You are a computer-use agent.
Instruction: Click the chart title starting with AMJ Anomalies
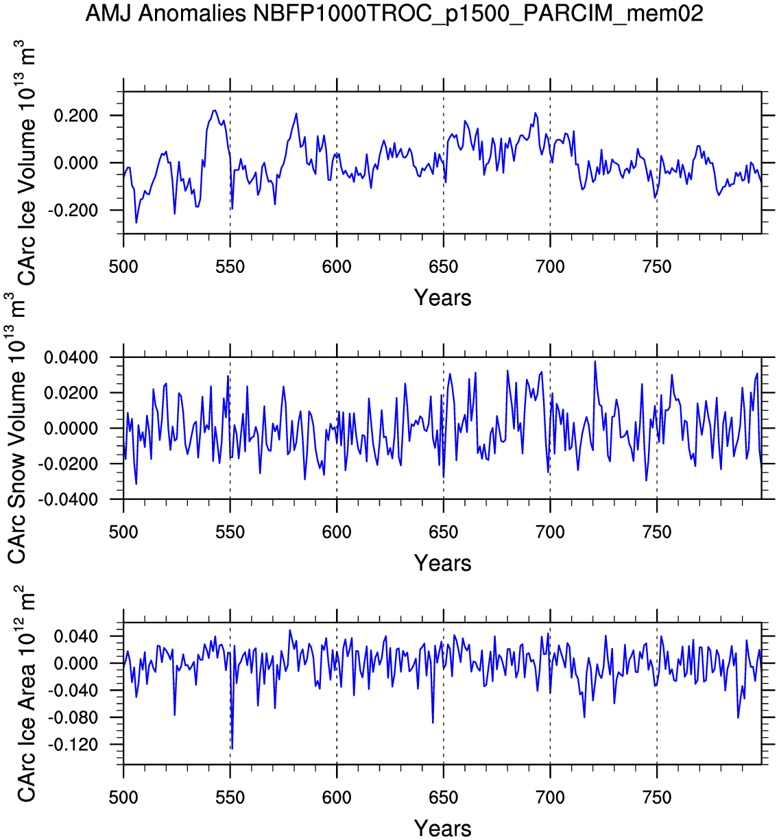click(394, 13)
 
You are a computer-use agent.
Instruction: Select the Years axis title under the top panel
click(442, 298)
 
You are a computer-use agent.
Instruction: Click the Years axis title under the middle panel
click(442, 564)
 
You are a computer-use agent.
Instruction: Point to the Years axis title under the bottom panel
click(442, 828)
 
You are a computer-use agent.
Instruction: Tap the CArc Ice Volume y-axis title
click(26, 165)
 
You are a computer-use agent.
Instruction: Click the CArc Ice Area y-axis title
click(26, 693)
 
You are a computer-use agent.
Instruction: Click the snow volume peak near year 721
click(595, 361)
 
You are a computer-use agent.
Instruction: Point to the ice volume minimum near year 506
click(136, 222)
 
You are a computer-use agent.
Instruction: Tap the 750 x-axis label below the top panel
click(657, 267)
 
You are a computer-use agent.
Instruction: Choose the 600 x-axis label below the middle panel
click(337, 532)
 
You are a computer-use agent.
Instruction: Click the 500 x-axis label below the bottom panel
click(123, 797)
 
